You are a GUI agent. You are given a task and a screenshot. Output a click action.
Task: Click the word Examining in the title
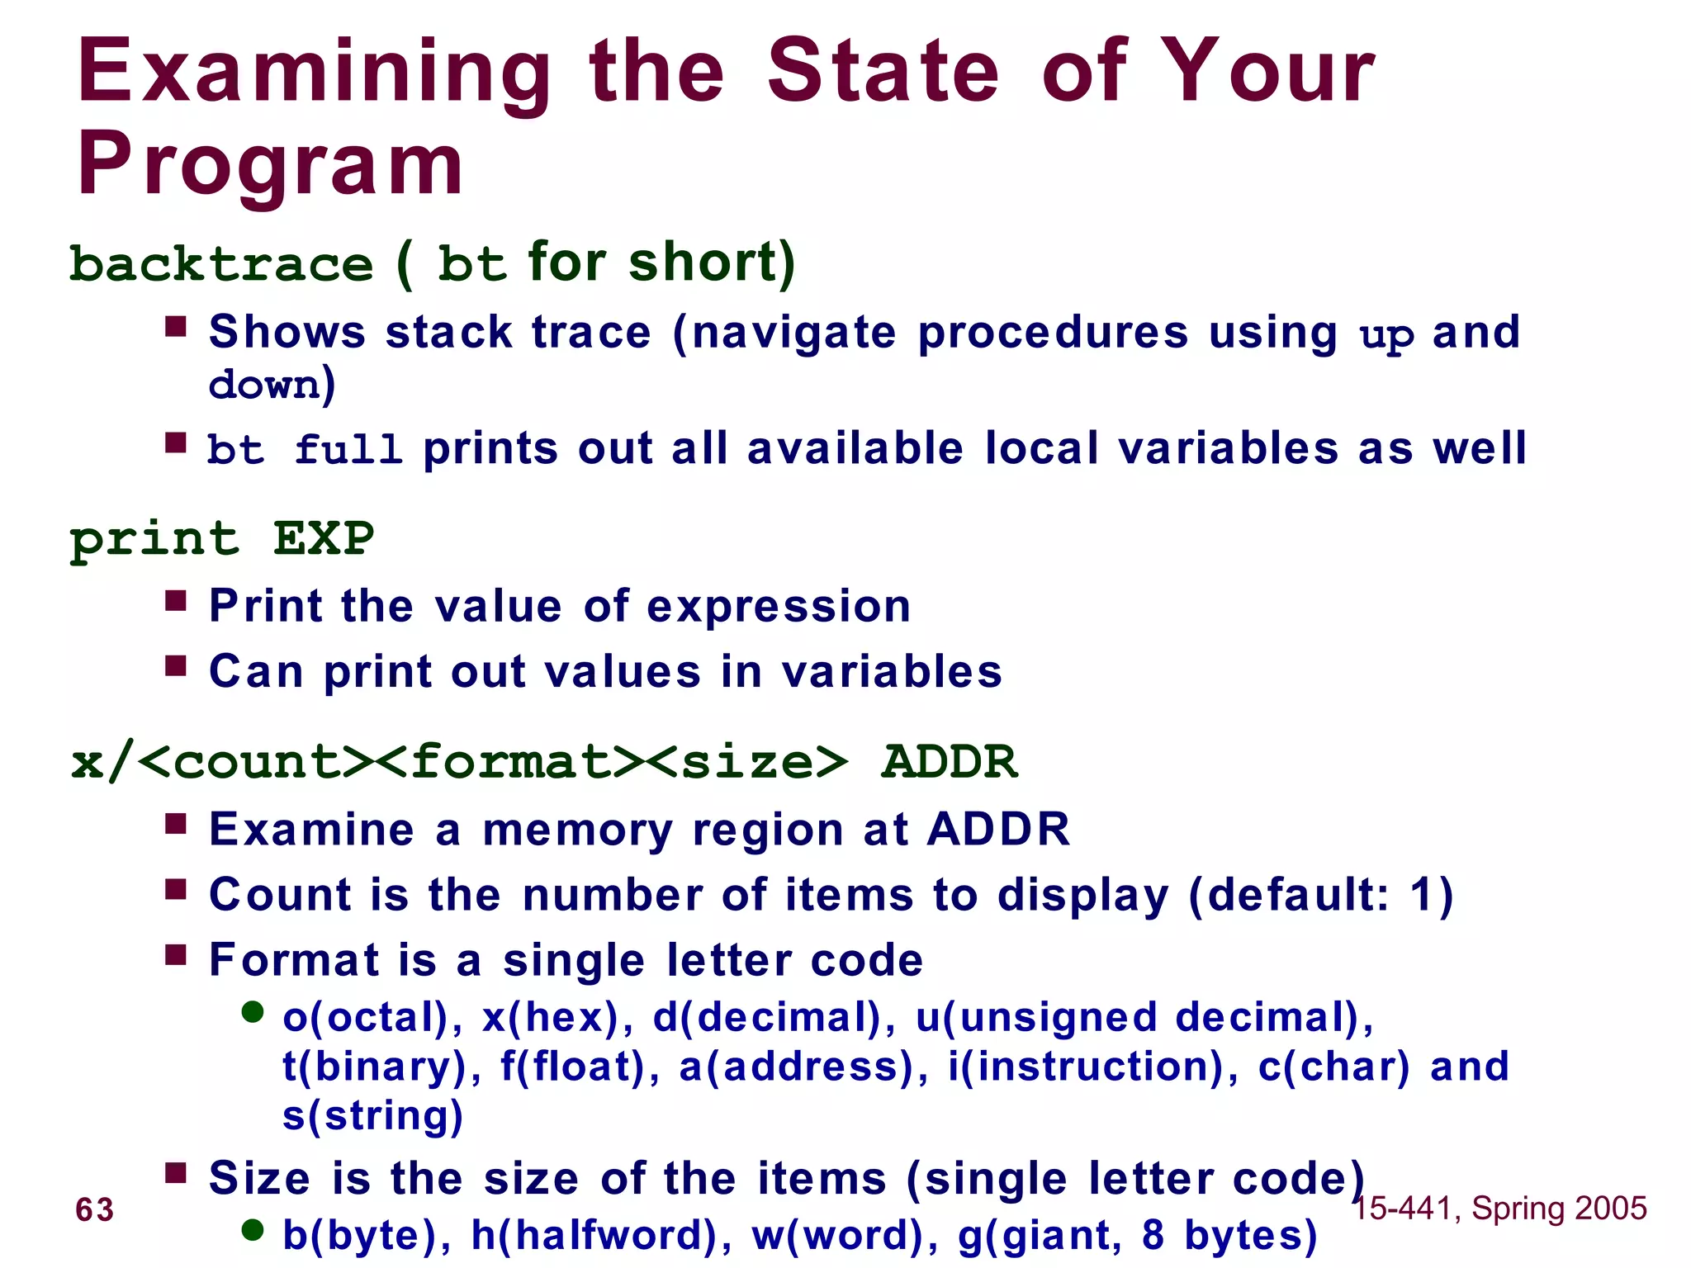pos(314,74)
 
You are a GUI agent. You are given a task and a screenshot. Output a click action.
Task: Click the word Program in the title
pos(270,165)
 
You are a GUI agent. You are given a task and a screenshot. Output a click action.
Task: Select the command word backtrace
pos(221,265)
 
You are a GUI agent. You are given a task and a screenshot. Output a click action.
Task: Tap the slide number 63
pos(95,1209)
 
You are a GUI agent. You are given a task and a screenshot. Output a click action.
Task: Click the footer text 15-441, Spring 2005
pos(1499,1208)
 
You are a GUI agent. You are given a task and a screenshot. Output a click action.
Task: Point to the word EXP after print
pos(323,539)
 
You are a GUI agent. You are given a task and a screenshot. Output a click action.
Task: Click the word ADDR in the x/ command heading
pos(950,761)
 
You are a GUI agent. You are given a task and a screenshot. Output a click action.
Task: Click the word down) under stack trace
pos(272,385)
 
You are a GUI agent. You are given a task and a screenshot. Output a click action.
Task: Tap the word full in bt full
pos(348,450)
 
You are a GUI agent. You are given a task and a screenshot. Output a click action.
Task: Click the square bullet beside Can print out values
pos(175,665)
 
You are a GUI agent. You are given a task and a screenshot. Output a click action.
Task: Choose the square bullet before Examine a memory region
pos(175,823)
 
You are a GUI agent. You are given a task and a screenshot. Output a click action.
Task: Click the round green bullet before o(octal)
pos(253,1011)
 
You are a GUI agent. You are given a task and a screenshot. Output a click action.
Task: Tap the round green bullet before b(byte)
pos(253,1230)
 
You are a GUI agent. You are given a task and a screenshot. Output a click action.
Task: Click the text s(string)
pos(372,1115)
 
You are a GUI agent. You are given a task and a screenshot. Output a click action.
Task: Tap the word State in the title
pos(883,74)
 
